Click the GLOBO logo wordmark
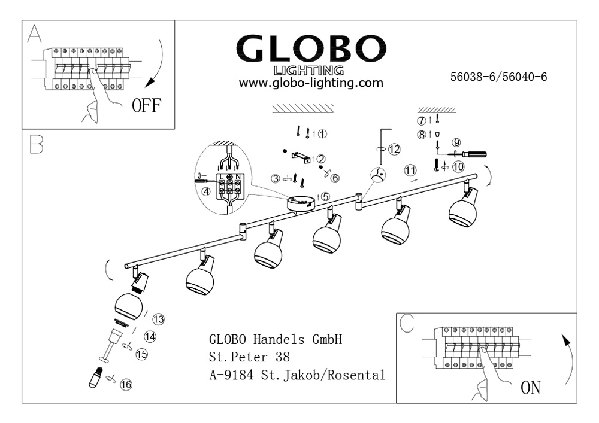pos(311,48)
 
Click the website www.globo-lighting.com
pos(311,83)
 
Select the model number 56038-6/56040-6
pos(499,77)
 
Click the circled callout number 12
pos(394,150)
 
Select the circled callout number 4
pos(207,192)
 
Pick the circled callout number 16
pos(126,385)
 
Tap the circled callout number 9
pos(456,142)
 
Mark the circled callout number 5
pos(324,196)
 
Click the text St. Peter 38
pos(249,358)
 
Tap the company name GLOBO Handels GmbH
pos(276,340)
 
